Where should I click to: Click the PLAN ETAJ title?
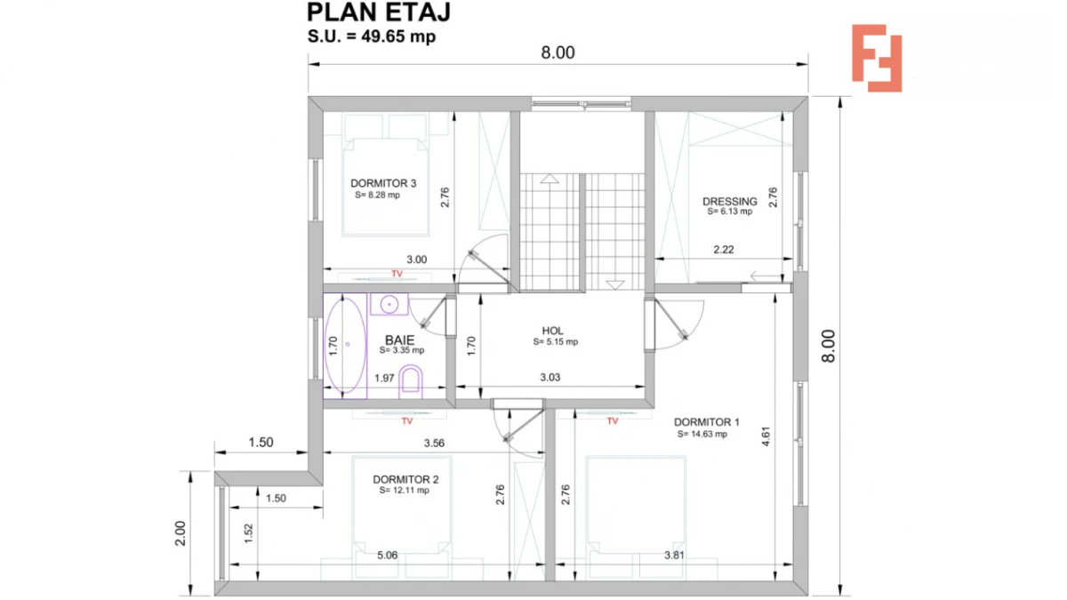[379, 12]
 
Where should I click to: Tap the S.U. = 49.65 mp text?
[372, 37]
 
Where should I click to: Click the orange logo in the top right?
[877, 58]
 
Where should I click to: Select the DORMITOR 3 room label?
[383, 184]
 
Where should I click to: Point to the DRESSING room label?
[729, 202]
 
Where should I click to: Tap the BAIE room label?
[399, 340]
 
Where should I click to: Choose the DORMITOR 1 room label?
[706, 422]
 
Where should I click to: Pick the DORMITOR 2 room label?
[405, 479]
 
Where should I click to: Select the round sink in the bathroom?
[389, 304]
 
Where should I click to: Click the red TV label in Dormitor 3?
[397, 273]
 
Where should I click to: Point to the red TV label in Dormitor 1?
[612, 421]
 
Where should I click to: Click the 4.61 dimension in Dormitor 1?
[766, 437]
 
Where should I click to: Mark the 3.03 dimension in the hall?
[550, 378]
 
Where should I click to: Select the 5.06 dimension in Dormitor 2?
[387, 556]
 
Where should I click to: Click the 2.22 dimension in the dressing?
[723, 250]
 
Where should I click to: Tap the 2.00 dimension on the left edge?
[180, 532]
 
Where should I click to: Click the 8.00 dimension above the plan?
[558, 52]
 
